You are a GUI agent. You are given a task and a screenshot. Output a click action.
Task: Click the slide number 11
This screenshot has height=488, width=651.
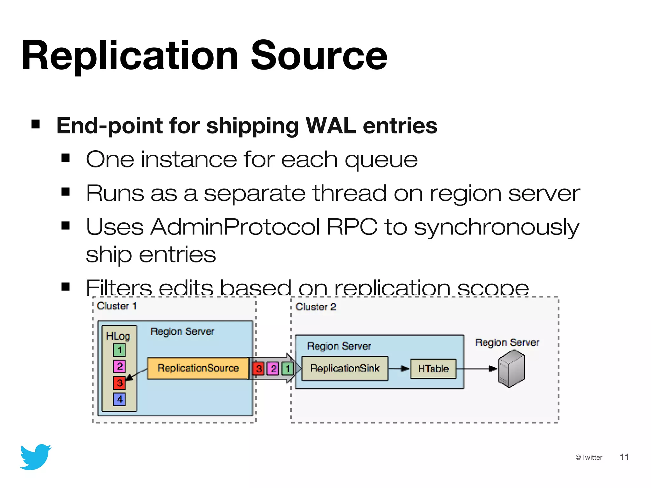(x=624, y=457)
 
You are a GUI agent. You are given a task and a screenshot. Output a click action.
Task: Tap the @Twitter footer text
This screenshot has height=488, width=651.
(x=588, y=457)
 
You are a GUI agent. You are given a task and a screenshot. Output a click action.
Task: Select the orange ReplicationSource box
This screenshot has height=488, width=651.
(x=198, y=368)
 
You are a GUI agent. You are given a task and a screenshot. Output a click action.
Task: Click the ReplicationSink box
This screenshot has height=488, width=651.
(x=345, y=368)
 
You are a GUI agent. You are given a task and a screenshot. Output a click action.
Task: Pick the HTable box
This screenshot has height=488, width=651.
(x=433, y=369)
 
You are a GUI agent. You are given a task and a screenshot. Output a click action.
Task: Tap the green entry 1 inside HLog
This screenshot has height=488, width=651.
(x=119, y=350)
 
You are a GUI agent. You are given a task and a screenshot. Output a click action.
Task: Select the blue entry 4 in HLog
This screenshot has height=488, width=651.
(x=119, y=399)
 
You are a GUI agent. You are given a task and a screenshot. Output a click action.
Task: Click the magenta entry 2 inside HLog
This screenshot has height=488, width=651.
(x=119, y=366)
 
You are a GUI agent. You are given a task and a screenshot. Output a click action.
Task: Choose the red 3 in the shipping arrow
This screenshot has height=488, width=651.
(x=259, y=369)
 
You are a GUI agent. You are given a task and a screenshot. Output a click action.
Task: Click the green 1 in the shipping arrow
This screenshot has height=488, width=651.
(x=288, y=369)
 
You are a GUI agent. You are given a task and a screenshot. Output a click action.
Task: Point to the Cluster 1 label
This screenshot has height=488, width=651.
(x=117, y=306)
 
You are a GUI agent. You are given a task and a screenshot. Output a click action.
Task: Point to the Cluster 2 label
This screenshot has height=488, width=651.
(x=316, y=307)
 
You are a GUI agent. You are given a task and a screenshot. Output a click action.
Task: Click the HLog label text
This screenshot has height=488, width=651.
(x=118, y=336)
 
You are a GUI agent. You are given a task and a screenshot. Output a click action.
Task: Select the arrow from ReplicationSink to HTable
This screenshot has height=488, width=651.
(x=399, y=369)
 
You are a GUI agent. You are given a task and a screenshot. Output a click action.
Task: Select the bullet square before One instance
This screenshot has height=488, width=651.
(x=65, y=158)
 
